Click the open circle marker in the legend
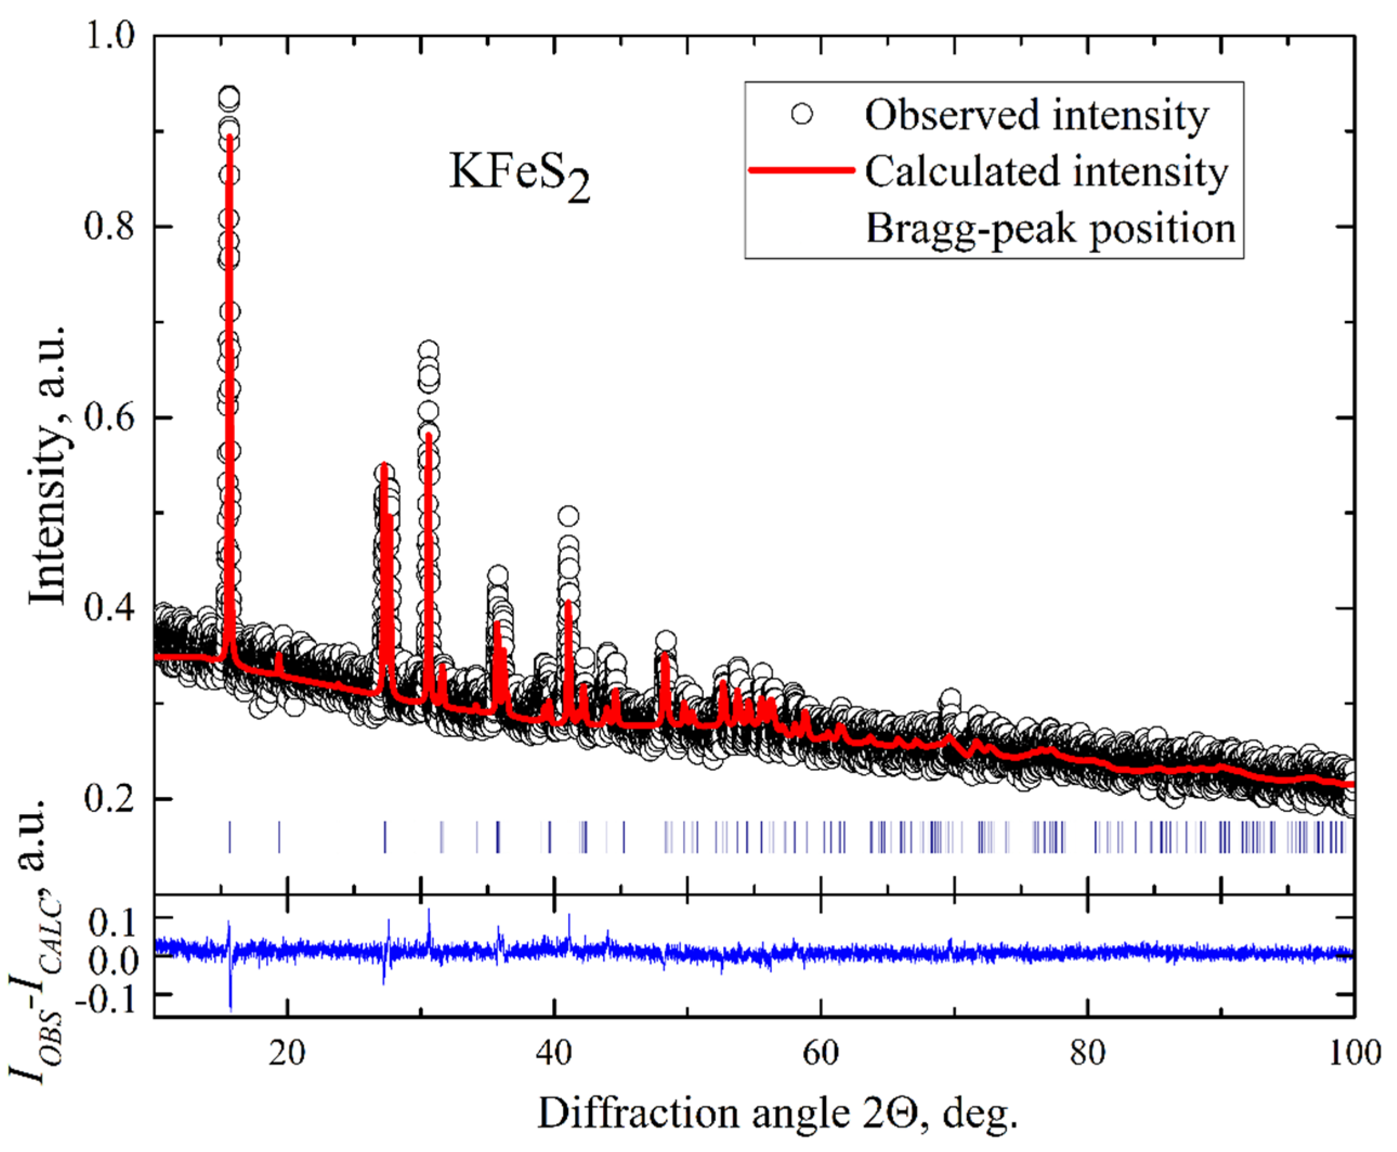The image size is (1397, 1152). (802, 115)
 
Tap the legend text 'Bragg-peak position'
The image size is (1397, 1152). (1051, 228)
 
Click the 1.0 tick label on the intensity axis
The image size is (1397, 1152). (110, 35)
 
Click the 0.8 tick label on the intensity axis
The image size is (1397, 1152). (110, 226)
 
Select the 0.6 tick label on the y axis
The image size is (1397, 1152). (110, 417)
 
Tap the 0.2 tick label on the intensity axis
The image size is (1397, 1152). (110, 798)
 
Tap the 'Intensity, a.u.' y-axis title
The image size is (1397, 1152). (48, 464)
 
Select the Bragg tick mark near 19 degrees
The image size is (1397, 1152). (279, 837)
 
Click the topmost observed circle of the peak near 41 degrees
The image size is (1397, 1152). (568, 515)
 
